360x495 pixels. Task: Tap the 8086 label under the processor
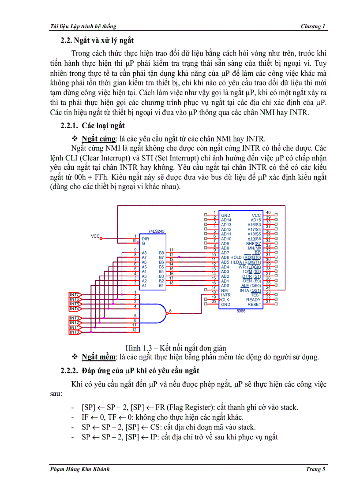pyautogui.click(x=241, y=311)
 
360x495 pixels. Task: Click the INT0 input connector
pyautogui.click(x=75, y=332)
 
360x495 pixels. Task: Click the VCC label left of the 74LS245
pyautogui.click(x=95, y=236)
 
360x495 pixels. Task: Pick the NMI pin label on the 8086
pyautogui.click(x=225, y=290)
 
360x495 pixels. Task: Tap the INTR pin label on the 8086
pyautogui.click(x=226, y=295)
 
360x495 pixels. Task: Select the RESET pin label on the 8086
pyautogui.click(x=254, y=305)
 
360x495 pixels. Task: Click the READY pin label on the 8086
pyautogui.click(x=254, y=300)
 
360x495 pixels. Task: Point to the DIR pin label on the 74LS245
pyautogui.click(x=145, y=238)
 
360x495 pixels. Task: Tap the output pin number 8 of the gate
pyautogui.click(x=170, y=311)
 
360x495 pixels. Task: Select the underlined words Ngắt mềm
pyautogui.click(x=98, y=357)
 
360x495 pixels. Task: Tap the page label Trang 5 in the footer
pyautogui.click(x=315, y=469)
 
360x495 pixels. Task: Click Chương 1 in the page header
pyautogui.click(x=313, y=26)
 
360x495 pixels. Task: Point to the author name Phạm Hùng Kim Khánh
pyautogui.click(x=80, y=469)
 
